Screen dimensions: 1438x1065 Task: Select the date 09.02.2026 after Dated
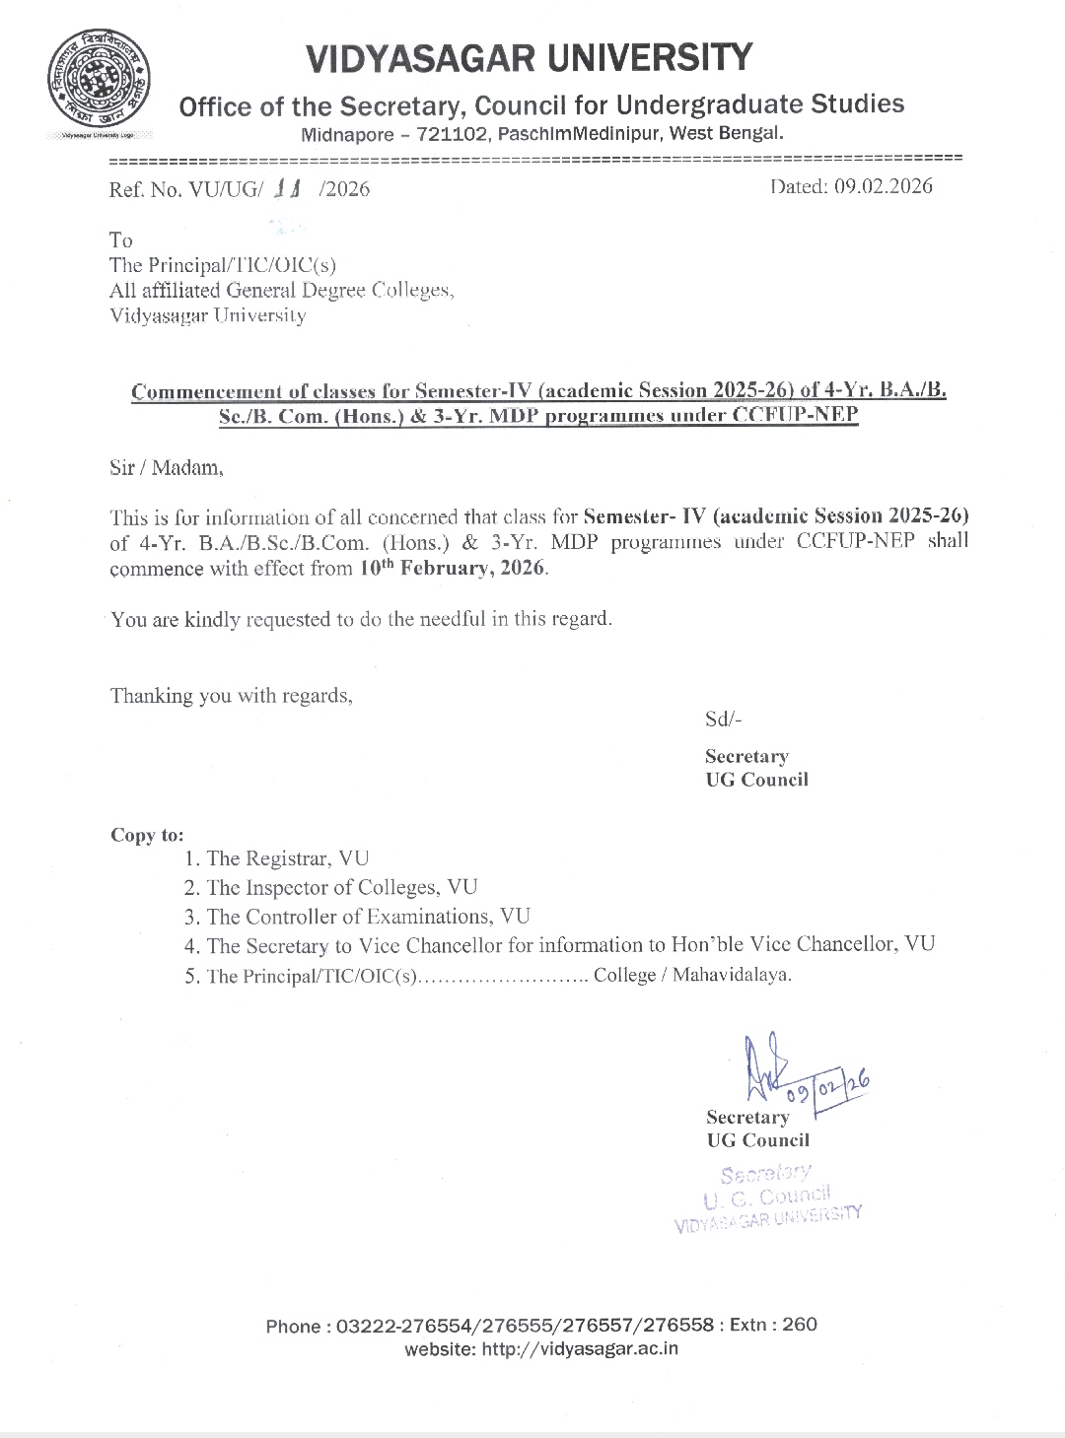pyautogui.click(x=883, y=186)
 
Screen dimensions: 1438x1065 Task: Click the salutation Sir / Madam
pyautogui.click(x=167, y=467)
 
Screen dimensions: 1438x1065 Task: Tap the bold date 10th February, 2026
pyautogui.click(x=453, y=568)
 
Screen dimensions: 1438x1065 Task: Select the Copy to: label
pyautogui.click(x=147, y=835)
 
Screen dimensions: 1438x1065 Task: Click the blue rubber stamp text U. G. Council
pyautogui.click(x=767, y=1197)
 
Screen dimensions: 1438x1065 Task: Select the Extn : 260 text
pyautogui.click(x=774, y=1324)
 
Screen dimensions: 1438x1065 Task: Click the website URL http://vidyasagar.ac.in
pyautogui.click(x=580, y=1349)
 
